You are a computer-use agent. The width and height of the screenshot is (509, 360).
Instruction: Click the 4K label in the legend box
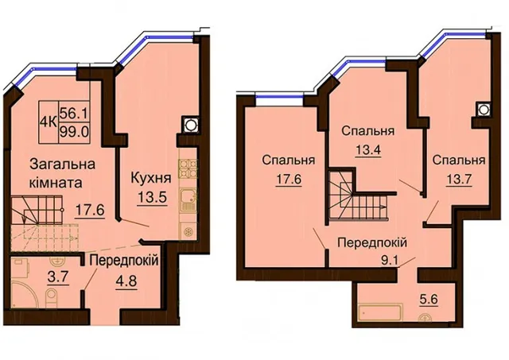49,122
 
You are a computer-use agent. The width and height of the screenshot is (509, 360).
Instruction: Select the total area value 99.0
74,133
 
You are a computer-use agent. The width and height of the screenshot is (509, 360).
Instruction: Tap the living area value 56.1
74,113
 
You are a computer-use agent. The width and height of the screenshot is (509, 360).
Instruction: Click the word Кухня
151,178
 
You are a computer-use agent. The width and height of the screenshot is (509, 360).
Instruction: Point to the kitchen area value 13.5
152,197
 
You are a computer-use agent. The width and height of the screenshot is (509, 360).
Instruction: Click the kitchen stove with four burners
188,169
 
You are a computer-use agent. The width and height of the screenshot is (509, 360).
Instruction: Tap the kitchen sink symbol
188,201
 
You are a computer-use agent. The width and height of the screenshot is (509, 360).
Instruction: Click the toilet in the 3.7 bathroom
51,297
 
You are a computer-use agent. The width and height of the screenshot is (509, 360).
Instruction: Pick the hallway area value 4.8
126,280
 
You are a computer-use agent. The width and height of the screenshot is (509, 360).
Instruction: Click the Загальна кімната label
62,173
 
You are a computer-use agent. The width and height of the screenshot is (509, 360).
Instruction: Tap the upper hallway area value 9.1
390,261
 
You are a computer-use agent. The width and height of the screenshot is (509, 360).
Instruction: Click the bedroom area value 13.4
368,149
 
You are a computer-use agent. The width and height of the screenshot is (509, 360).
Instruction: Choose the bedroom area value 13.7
458,178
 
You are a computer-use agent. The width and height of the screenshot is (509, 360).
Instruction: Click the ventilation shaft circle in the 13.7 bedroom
483,110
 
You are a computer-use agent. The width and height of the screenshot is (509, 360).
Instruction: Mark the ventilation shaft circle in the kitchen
189,124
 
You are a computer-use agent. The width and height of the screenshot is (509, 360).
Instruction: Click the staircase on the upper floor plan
359,195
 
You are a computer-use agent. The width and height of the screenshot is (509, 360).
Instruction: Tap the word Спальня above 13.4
368,131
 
